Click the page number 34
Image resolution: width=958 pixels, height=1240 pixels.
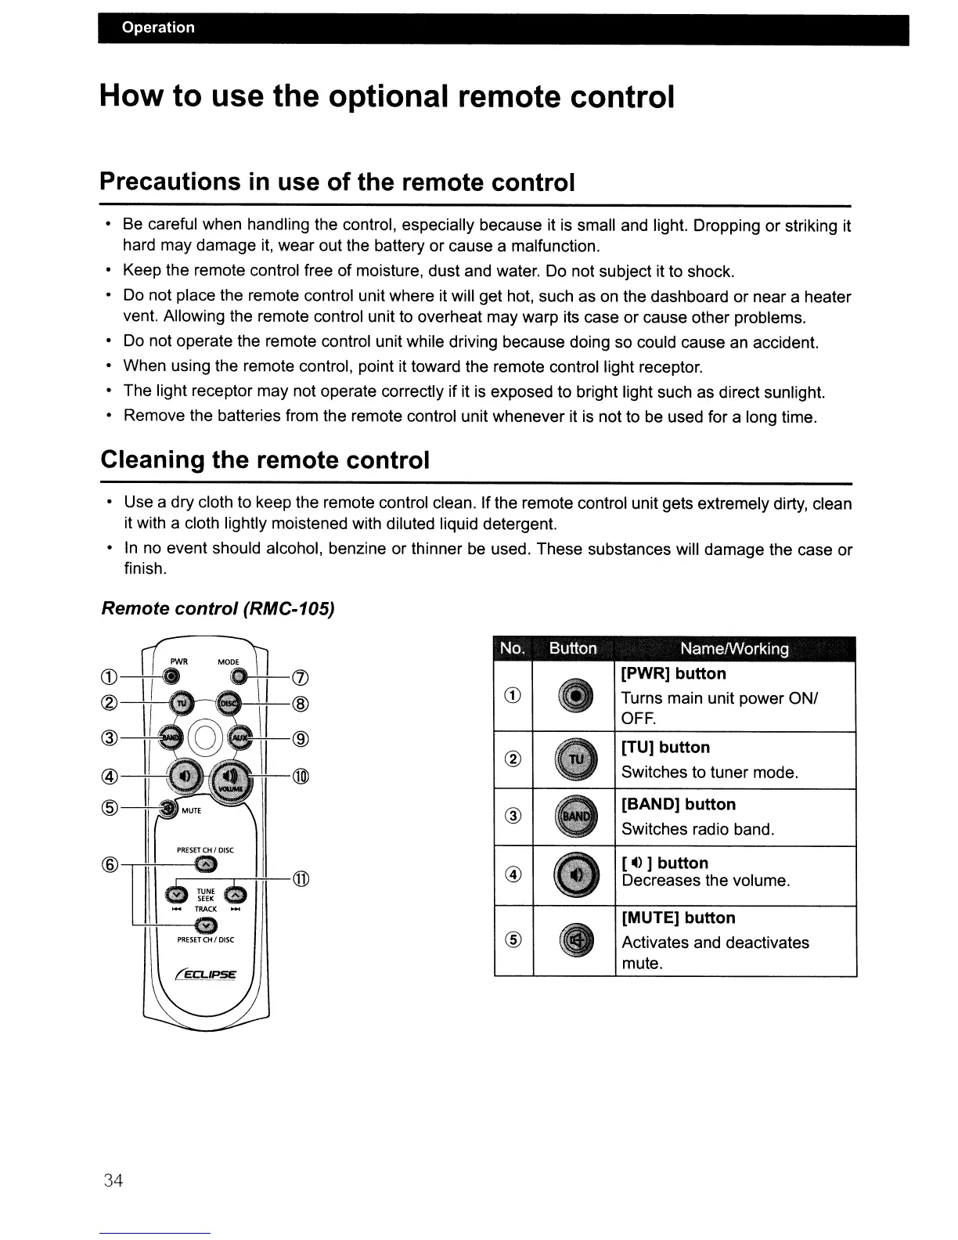point(113,1181)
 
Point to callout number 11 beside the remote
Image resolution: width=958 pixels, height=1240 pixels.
point(301,879)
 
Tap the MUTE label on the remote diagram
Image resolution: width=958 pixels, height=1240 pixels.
point(192,810)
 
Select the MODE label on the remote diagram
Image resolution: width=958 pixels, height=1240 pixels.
point(229,661)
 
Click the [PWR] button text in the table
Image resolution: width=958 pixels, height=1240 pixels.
point(673,674)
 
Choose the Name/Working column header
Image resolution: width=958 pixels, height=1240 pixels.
point(734,649)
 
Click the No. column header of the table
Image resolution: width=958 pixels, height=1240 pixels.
point(513,649)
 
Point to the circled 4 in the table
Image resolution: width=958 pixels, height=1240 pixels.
point(513,875)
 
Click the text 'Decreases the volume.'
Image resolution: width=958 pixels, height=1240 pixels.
point(705,881)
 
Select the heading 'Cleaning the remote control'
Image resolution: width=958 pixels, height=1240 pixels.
point(265,460)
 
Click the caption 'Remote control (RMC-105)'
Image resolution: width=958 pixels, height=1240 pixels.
point(218,608)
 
